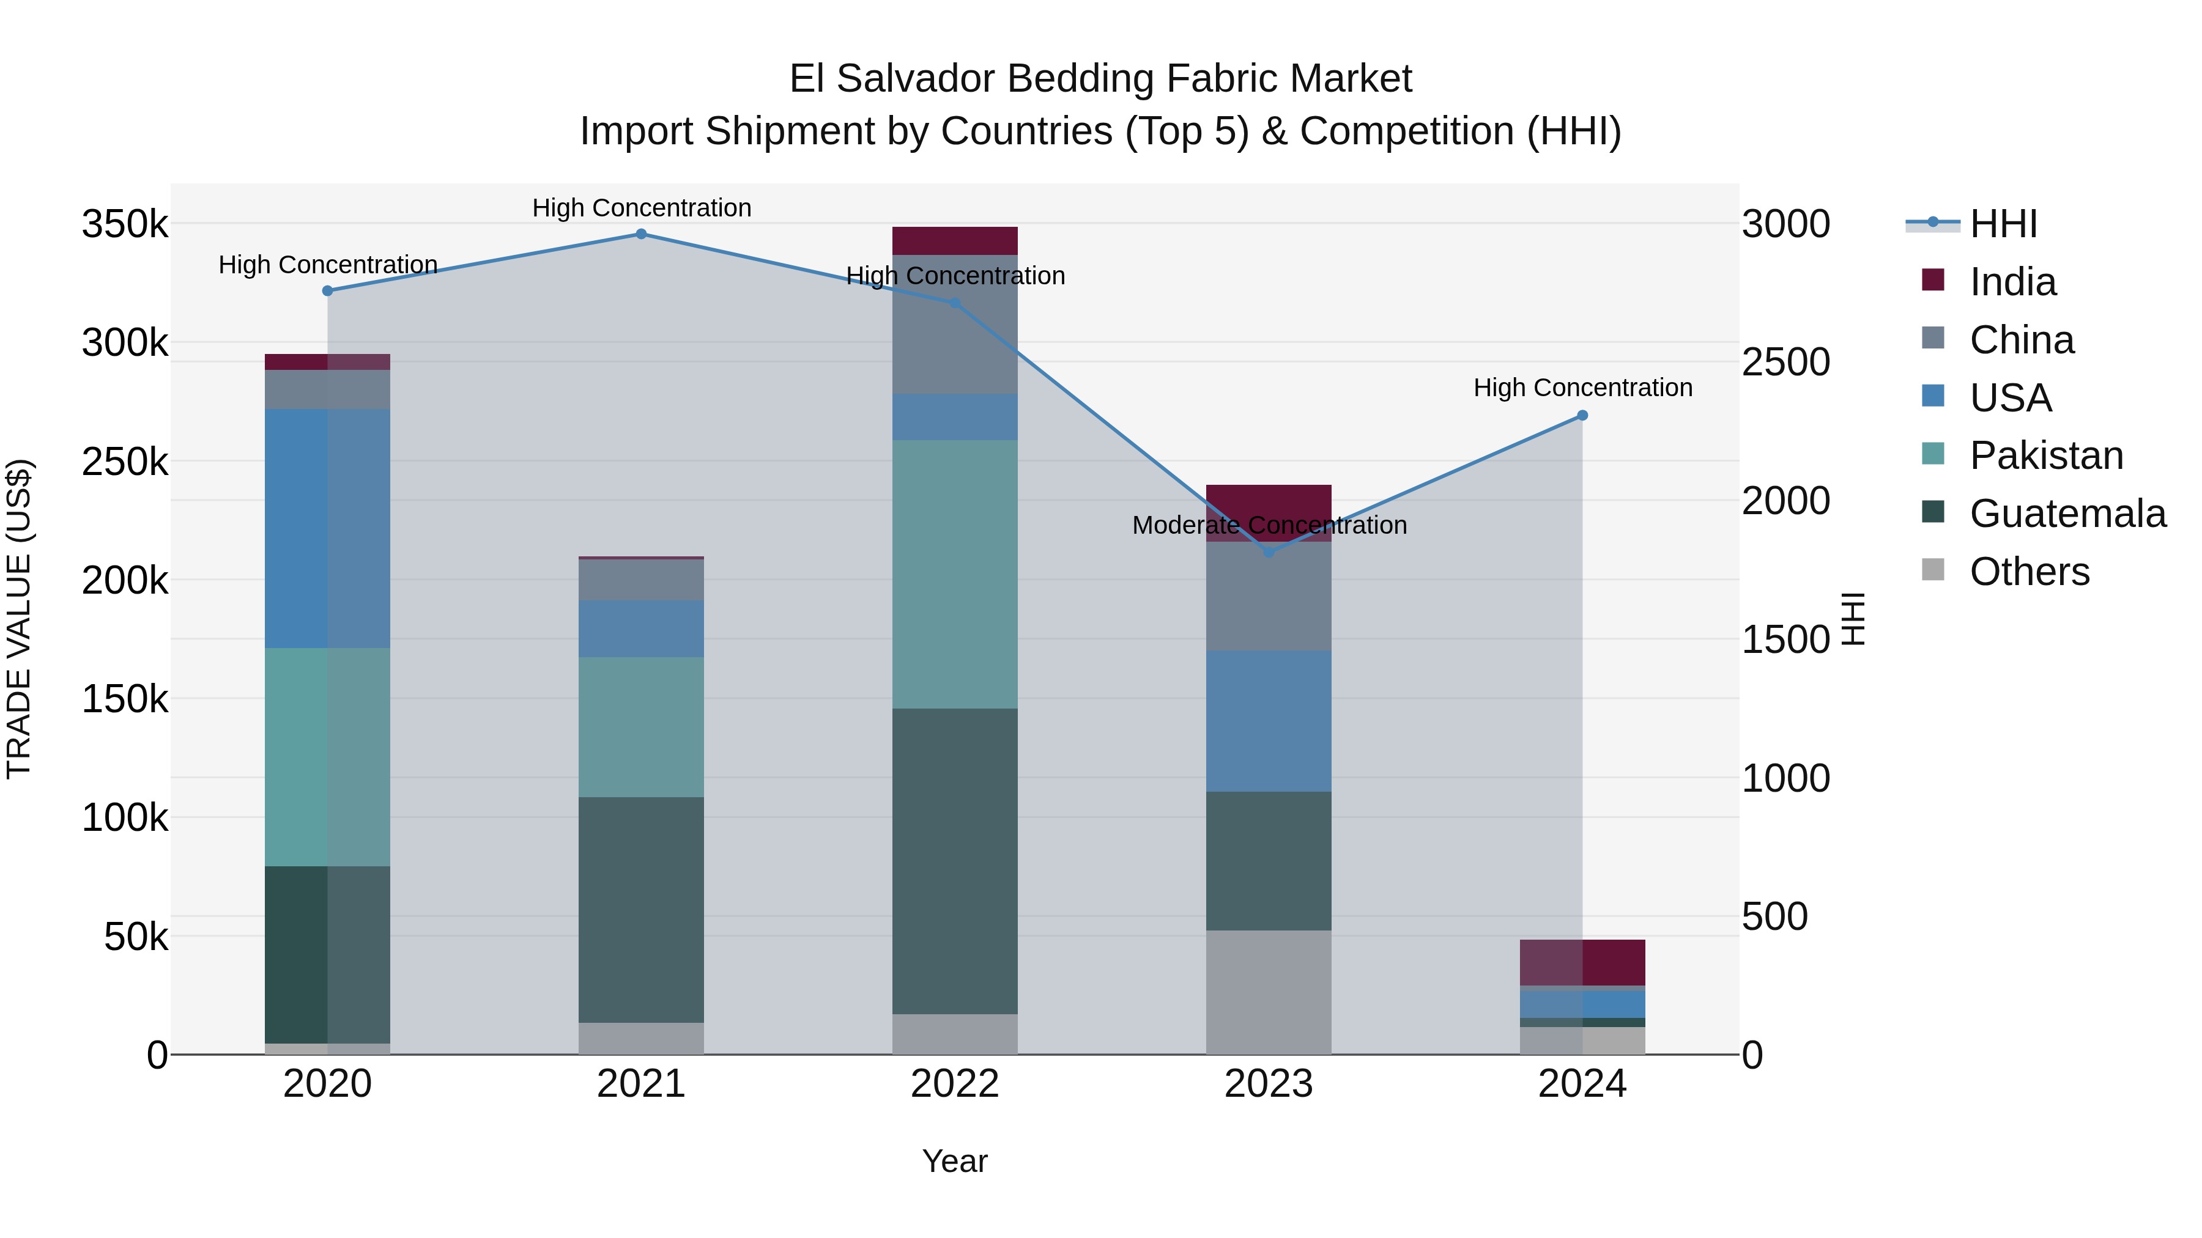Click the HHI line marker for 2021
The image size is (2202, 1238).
click(641, 234)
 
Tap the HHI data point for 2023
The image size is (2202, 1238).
click(1269, 552)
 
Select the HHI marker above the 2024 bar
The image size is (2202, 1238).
click(1582, 415)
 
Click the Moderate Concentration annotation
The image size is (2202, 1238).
click(1269, 525)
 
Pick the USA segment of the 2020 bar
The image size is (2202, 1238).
click(327, 528)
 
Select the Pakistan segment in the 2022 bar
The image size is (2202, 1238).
click(955, 574)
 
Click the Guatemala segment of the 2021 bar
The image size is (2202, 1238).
click(641, 910)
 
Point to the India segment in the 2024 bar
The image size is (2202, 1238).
click(1582, 963)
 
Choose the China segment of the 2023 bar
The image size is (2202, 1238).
click(1269, 596)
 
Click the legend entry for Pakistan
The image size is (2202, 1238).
click(2045, 455)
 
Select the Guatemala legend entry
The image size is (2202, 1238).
click(2067, 514)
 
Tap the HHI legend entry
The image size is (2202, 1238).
click(2003, 224)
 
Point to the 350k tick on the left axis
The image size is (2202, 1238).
click(125, 226)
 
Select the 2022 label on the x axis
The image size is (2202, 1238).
click(955, 1084)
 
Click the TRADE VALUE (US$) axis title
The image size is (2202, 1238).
click(19, 619)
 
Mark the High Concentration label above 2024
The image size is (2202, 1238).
click(1582, 388)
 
